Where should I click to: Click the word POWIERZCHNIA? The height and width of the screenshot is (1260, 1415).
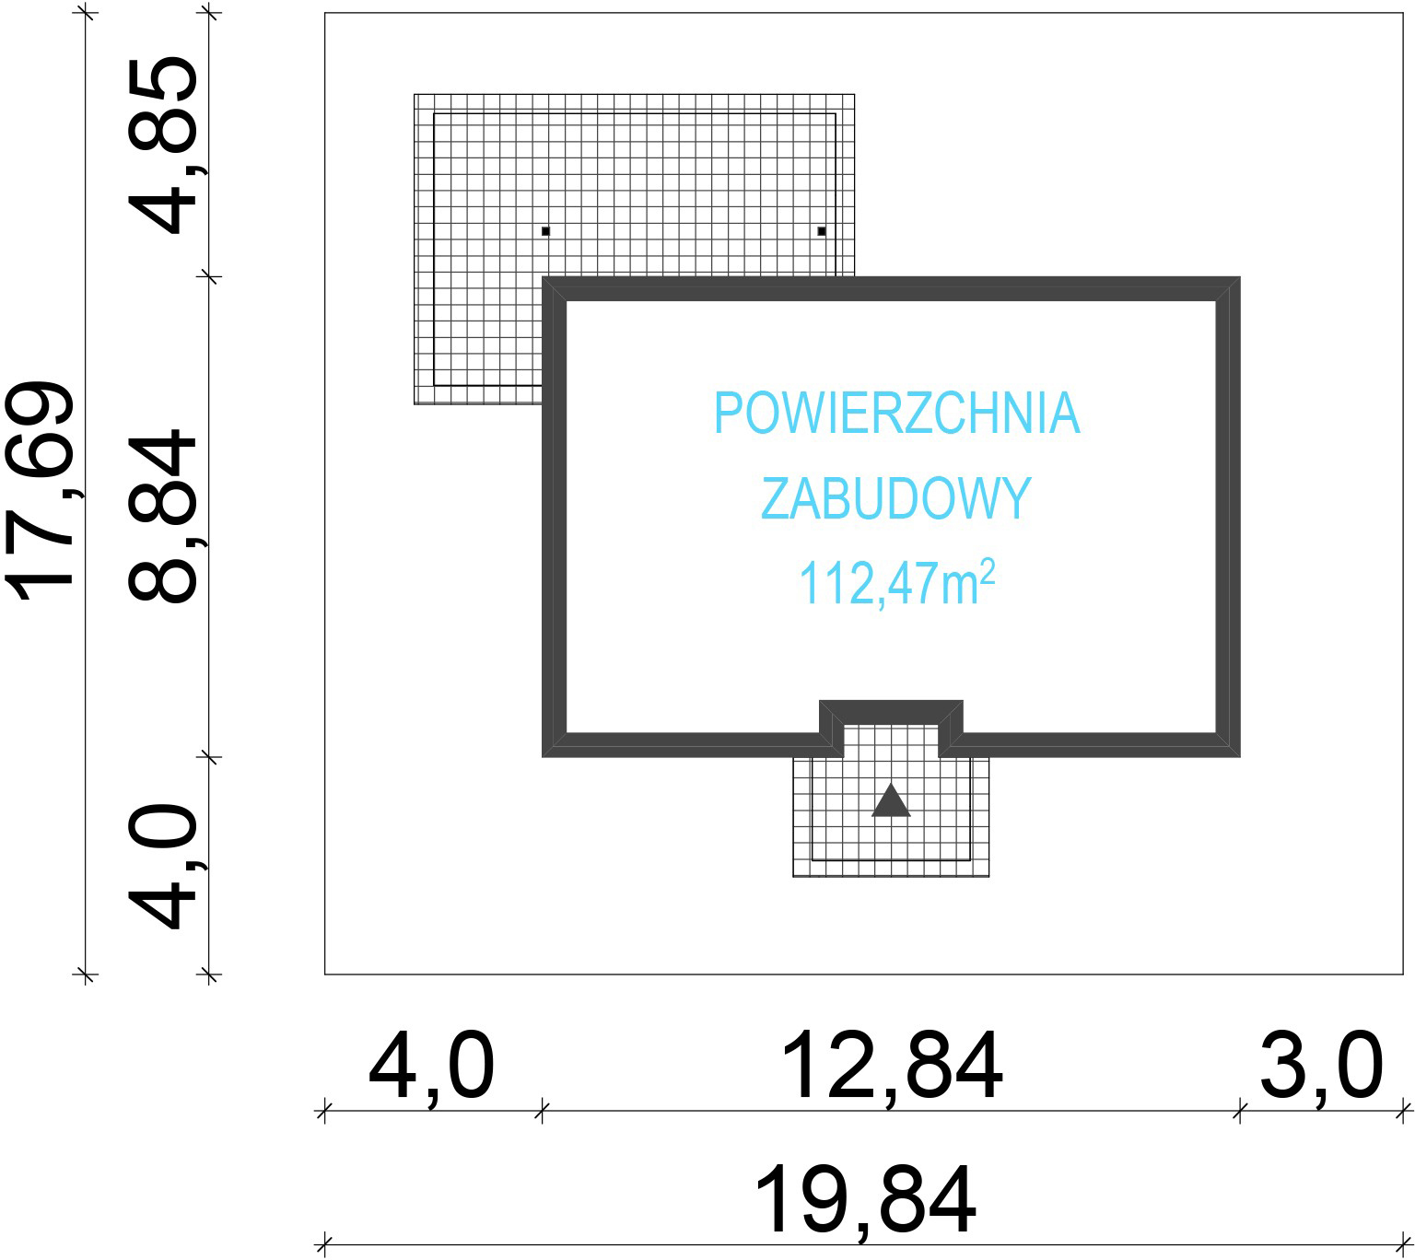pos(896,414)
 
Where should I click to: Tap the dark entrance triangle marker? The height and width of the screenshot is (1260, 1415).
pos(891,801)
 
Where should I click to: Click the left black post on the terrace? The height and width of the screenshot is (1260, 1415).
pos(545,230)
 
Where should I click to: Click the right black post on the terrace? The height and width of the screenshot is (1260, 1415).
pos(821,230)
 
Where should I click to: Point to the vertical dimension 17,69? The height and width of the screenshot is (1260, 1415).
pos(41,494)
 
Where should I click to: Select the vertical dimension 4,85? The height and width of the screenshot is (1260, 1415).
pos(164,146)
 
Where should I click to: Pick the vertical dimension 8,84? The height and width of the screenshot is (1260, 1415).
pos(164,516)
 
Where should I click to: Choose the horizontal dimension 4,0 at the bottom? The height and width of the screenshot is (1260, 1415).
pos(431,1066)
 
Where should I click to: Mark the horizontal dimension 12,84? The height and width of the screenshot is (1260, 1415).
pos(892,1066)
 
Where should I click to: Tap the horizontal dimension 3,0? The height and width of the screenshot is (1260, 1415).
pos(1321,1066)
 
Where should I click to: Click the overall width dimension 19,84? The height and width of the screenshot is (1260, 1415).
pos(866,1200)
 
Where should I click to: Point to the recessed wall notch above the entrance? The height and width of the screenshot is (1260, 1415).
pos(891,712)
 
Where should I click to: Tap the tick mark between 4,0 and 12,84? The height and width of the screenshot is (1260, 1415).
pos(542,1111)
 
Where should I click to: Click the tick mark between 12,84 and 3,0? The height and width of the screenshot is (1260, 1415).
pos(1239,1111)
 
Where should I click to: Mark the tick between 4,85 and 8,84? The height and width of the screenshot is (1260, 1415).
pos(210,275)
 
